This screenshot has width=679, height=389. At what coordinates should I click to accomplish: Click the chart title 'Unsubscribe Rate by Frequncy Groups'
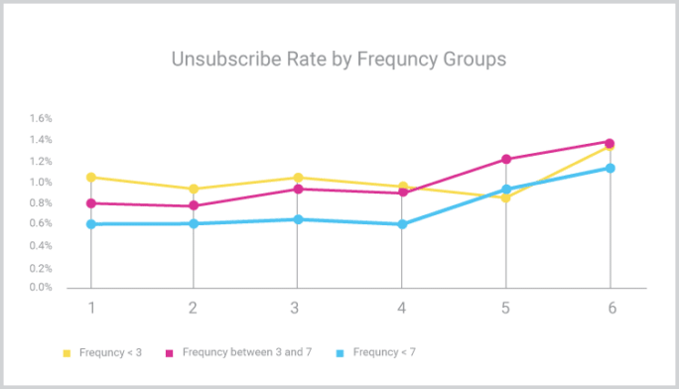tap(339, 60)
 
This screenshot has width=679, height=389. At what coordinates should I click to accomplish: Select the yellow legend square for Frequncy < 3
tap(68, 351)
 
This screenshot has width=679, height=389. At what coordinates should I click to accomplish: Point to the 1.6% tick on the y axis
tap(41, 118)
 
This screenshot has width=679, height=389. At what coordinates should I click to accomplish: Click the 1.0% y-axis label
tap(41, 183)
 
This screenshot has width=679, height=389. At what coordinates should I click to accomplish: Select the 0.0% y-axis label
tap(41, 288)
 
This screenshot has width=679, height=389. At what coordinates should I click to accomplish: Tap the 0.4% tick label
tap(41, 245)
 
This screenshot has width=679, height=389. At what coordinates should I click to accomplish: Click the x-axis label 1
tap(91, 308)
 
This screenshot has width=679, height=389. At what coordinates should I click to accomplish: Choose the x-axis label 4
tap(402, 308)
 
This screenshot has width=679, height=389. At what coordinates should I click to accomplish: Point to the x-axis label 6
tap(611, 308)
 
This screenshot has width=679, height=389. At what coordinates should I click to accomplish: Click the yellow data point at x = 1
tap(91, 178)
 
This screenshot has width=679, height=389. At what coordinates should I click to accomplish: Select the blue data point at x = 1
tap(91, 224)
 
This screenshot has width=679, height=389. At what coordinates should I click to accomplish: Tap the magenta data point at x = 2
tap(194, 206)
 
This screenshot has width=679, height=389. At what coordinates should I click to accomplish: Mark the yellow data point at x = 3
tap(298, 179)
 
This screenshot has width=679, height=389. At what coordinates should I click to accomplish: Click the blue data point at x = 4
tap(402, 224)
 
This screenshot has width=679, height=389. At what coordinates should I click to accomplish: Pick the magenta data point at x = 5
tap(506, 159)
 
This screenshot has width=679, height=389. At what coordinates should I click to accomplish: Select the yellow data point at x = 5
tap(506, 198)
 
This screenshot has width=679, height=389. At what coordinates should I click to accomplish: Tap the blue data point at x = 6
tap(611, 168)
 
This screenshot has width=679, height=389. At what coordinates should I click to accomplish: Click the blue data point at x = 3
tap(298, 219)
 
